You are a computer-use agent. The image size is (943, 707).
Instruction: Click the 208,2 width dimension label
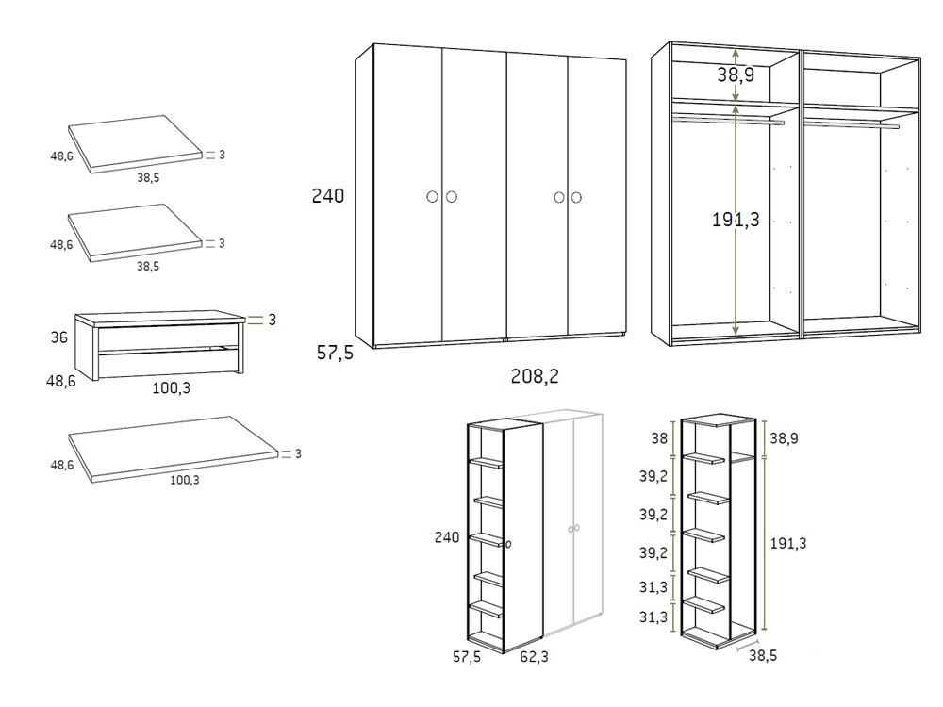tap(535, 376)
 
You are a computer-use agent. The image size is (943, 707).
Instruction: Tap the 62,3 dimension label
tap(534, 656)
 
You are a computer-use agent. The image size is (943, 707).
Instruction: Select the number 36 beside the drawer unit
tap(58, 337)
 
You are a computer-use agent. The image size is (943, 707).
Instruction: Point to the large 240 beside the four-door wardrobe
tap(328, 195)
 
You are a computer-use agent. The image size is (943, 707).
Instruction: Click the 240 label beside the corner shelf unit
tap(447, 537)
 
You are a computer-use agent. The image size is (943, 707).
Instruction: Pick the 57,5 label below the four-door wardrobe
tap(335, 353)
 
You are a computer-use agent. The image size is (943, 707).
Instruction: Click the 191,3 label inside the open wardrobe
tap(736, 220)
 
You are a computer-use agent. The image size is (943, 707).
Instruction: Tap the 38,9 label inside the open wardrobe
tap(736, 74)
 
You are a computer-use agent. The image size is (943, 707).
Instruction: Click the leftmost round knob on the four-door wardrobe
tap(433, 197)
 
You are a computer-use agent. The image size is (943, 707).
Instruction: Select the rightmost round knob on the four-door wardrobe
tap(576, 197)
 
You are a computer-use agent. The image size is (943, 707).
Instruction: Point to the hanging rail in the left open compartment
tap(728, 121)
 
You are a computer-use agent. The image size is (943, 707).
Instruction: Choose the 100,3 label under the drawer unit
tap(171, 387)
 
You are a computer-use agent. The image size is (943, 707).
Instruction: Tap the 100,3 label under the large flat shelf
tap(185, 480)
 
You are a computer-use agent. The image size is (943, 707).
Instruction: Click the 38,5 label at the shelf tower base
tap(763, 655)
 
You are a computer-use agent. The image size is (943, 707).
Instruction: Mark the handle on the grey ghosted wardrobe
tap(573, 529)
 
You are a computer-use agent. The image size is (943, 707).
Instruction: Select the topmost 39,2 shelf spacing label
tap(653, 476)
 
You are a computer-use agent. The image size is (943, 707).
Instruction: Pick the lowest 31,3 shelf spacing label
tap(653, 617)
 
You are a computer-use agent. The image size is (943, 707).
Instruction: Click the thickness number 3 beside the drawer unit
tap(272, 320)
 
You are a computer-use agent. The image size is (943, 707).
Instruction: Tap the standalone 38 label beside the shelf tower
tap(659, 438)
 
